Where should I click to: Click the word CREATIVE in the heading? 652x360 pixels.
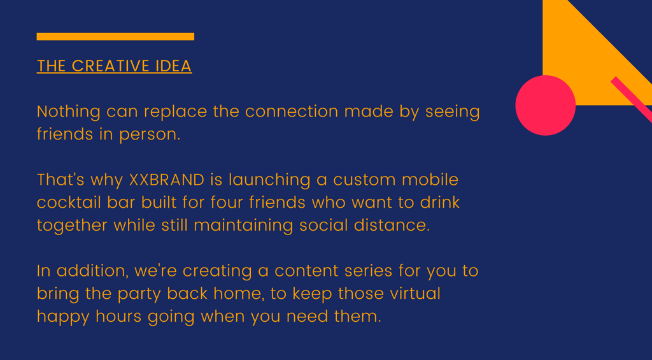coord(111,66)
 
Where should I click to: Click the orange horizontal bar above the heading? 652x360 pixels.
coord(115,36)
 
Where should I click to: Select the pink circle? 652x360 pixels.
coord(545,105)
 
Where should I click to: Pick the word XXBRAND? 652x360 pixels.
coord(167,180)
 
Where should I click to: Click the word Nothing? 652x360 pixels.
coord(69,112)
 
